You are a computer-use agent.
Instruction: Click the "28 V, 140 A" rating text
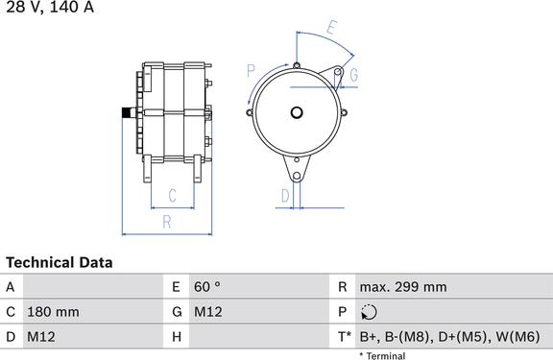coord(50,7)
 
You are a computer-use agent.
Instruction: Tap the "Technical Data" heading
coord(60,263)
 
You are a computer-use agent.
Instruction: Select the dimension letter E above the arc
coord(331,28)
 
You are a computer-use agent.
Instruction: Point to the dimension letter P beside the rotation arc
coord(251,71)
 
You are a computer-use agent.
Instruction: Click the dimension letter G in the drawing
coord(353,75)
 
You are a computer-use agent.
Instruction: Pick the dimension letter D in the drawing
coord(285,196)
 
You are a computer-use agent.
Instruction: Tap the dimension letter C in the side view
coord(172,195)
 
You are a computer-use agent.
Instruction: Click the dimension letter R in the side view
coord(167,222)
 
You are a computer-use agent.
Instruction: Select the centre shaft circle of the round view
coord(297,113)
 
